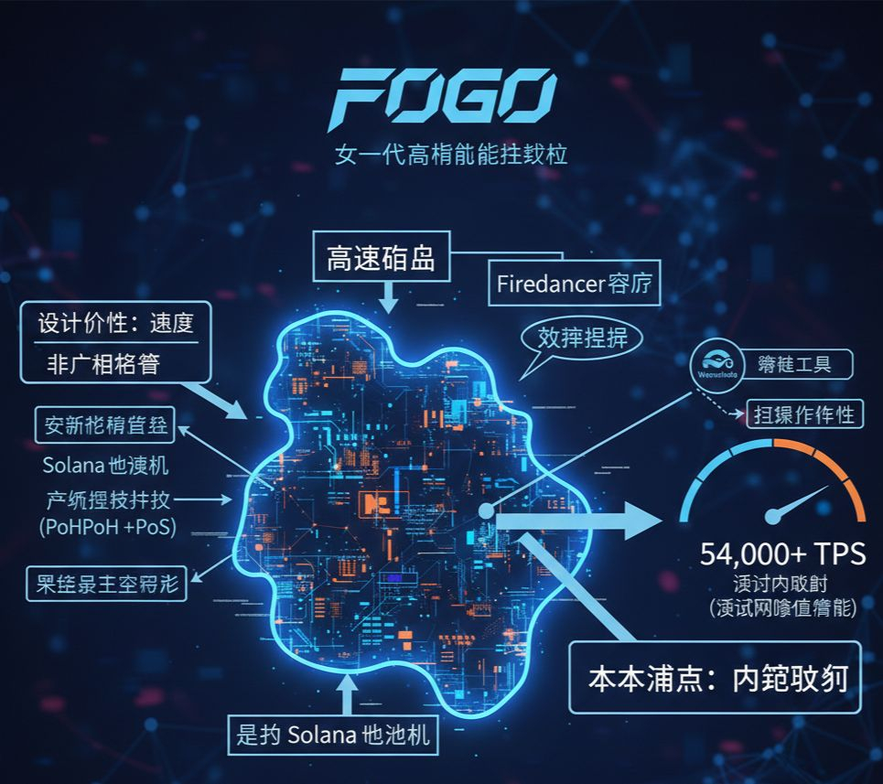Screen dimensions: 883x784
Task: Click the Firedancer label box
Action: [576, 284]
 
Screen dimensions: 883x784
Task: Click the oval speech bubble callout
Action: [582, 338]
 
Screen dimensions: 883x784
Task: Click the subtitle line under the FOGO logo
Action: [451, 152]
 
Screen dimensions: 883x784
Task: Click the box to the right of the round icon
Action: [794, 365]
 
